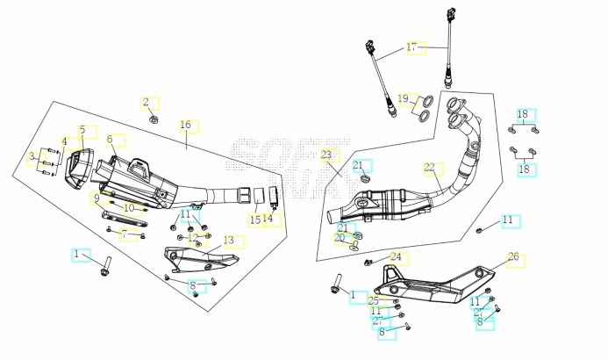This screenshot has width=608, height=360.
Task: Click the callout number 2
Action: pyautogui.click(x=147, y=103)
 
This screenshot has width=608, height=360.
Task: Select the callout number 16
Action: pyautogui.click(x=185, y=126)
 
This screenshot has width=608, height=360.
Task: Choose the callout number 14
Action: pyautogui.click(x=268, y=219)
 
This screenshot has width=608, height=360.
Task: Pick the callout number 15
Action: pyautogui.click(x=254, y=220)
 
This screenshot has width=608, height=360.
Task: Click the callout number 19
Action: pyautogui.click(x=403, y=97)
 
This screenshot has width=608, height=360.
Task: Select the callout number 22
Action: pyautogui.click(x=429, y=167)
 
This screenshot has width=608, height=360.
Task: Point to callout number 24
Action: pyautogui.click(x=396, y=257)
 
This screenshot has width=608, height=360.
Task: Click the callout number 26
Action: pyautogui.click(x=513, y=257)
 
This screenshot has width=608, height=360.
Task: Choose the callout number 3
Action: pyautogui.click(x=32, y=157)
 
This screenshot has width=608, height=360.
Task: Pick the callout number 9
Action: pyautogui.click(x=97, y=198)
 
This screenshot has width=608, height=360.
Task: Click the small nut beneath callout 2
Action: pyautogui.click(x=154, y=118)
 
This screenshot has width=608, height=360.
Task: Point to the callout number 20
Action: pyautogui.click(x=339, y=238)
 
